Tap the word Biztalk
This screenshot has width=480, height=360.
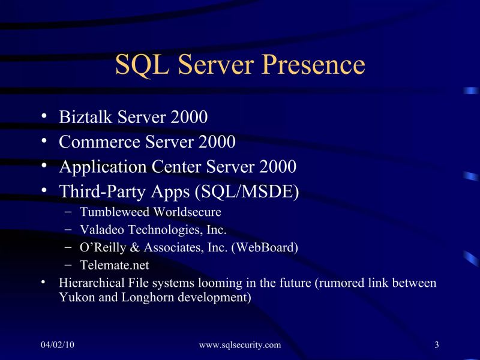(x=82, y=117)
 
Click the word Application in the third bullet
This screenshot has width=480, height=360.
(x=97, y=167)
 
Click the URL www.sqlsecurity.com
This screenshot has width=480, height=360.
(x=239, y=344)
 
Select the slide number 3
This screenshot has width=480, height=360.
(x=437, y=344)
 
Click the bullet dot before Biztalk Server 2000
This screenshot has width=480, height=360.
(x=45, y=116)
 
